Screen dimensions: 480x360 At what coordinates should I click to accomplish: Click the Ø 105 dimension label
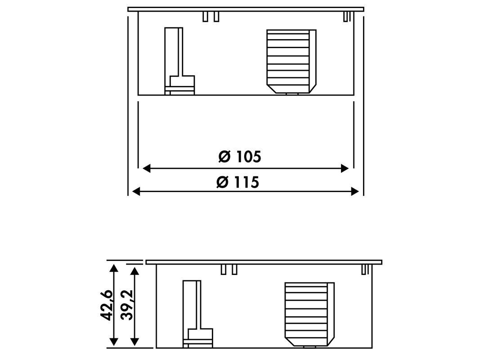[x=240, y=157]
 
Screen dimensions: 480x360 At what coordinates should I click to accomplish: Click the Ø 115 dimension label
[x=238, y=182]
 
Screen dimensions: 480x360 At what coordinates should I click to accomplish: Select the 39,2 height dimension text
[x=127, y=305]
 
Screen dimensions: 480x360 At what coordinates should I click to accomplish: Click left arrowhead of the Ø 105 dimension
[x=147, y=168]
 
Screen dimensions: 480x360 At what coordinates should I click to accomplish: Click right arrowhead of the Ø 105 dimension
[x=345, y=168]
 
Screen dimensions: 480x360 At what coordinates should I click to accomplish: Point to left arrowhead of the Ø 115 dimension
[x=136, y=192]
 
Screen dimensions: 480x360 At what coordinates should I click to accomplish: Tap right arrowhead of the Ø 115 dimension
[x=355, y=192]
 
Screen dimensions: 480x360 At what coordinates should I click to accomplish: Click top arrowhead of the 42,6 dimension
[x=114, y=269]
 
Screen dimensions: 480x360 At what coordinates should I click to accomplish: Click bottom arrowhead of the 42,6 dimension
[x=114, y=342]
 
